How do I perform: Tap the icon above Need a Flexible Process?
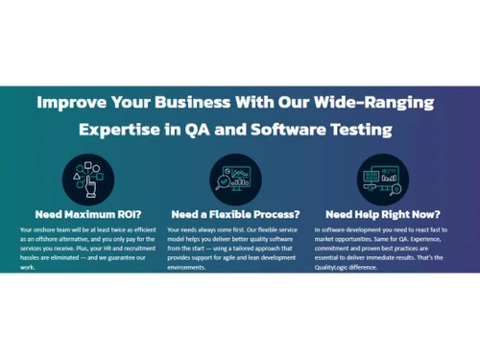pos(234,177)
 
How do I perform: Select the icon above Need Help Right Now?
pos(383,177)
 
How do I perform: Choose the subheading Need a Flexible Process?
pos(235,214)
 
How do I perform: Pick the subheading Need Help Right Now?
pos(383,214)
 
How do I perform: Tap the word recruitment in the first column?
pos(129,249)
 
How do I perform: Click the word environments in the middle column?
pos(188,267)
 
